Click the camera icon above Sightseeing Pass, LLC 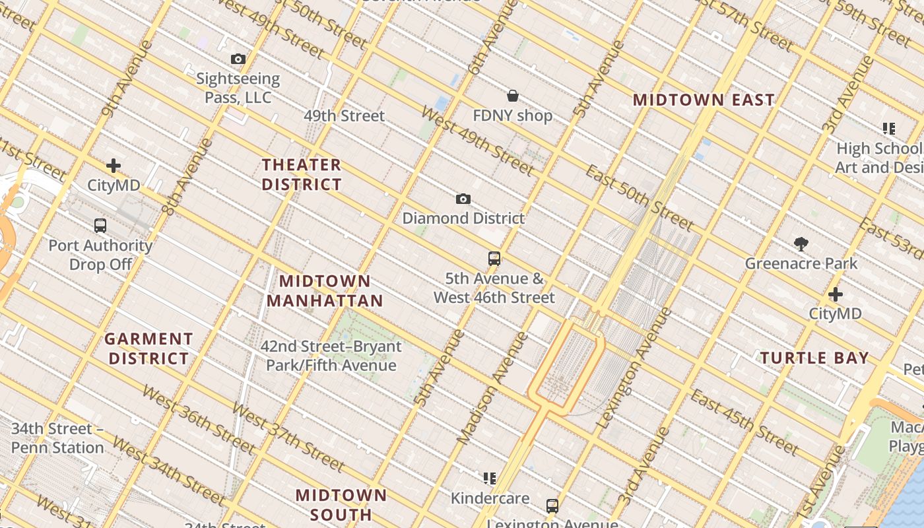(238, 59)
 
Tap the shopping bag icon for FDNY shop (512, 96)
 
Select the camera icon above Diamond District (463, 199)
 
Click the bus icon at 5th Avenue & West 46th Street (494, 259)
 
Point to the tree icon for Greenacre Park (801, 244)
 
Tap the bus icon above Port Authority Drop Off (100, 226)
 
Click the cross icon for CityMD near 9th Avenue (114, 166)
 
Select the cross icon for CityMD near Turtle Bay (836, 294)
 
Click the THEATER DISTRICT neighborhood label (302, 174)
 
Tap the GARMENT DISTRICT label (148, 348)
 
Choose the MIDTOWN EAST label (704, 100)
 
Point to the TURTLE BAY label (814, 358)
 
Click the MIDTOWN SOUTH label (341, 504)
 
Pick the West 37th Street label (288, 437)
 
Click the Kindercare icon (489, 478)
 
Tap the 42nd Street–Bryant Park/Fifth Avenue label (331, 356)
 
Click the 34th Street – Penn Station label (57, 438)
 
